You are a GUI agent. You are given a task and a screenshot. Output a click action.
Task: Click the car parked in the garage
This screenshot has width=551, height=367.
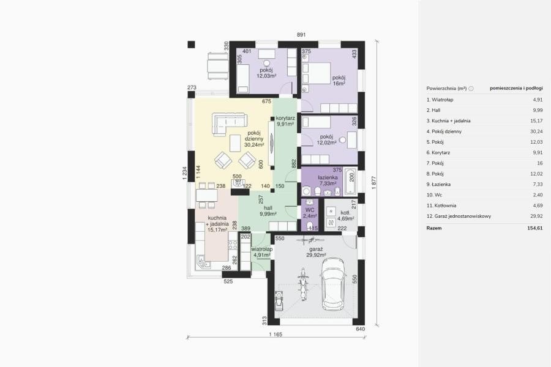click(332, 284)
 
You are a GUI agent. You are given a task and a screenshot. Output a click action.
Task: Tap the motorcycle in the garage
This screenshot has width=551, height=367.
click(302, 284)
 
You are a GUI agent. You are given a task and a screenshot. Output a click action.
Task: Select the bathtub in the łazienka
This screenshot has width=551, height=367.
click(350, 182)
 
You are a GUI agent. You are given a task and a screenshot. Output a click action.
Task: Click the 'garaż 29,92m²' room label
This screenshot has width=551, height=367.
click(317, 252)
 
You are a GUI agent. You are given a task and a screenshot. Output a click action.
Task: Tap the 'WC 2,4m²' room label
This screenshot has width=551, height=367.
click(310, 213)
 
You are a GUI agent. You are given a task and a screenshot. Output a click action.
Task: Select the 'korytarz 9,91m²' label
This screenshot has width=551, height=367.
click(285, 121)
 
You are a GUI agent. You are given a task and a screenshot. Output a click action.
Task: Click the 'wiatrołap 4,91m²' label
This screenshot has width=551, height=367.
click(262, 252)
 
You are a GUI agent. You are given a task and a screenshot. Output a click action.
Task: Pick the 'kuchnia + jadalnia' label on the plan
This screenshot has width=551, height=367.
click(217, 221)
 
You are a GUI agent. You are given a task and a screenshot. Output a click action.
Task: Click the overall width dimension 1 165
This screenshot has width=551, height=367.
click(275, 335)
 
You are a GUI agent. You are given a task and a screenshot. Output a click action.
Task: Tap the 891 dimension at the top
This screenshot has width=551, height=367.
click(301, 35)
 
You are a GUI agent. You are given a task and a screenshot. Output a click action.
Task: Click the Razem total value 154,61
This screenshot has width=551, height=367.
click(535, 228)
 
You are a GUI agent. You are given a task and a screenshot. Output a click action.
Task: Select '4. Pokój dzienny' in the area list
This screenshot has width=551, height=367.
click(444, 132)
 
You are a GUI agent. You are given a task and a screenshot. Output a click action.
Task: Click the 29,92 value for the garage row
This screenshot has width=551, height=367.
click(536, 216)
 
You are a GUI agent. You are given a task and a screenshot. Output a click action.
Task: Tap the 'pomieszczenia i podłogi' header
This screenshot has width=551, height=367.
click(516, 88)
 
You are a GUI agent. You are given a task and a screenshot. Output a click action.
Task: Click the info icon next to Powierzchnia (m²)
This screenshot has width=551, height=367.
click(471, 89)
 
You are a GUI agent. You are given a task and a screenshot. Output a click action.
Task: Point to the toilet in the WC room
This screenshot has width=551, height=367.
click(310, 226)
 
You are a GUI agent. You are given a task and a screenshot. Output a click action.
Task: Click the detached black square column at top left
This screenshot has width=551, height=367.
click(191, 45)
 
